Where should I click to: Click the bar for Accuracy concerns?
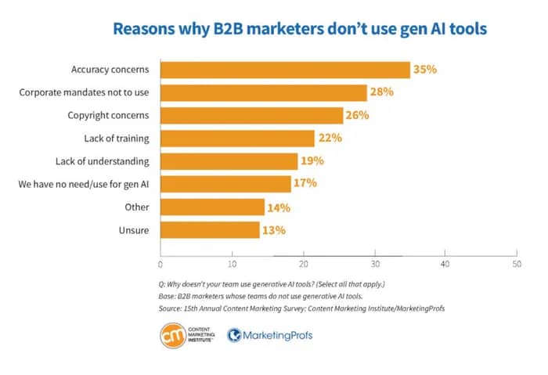pyautogui.click(x=285, y=70)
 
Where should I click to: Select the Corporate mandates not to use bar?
pyautogui.click(x=264, y=92)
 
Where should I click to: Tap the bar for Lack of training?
pyautogui.click(x=237, y=139)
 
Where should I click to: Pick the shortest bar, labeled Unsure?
pyautogui.click(x=210, y=230)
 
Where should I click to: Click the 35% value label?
pyautogui.click(x=424, y=70)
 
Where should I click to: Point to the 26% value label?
pyautogui.click(x=356, y=116)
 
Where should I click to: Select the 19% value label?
pyautogui.click(x=312, y=161)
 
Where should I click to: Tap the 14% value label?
pyautogui.click(x=278, y=207)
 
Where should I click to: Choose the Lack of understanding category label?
pyautogui.click(x=103, y=161)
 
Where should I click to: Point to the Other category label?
pyautogui.click(x=136, y=207)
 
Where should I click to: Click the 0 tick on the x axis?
pyautogui.click(x=160, y=265)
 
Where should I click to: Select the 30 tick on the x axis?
pyautogui.click(x=374, y=265)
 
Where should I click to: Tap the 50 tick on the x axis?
pyautogui.click(x=516, y=265)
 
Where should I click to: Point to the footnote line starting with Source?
pyautogui.click(x=302, y=308)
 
